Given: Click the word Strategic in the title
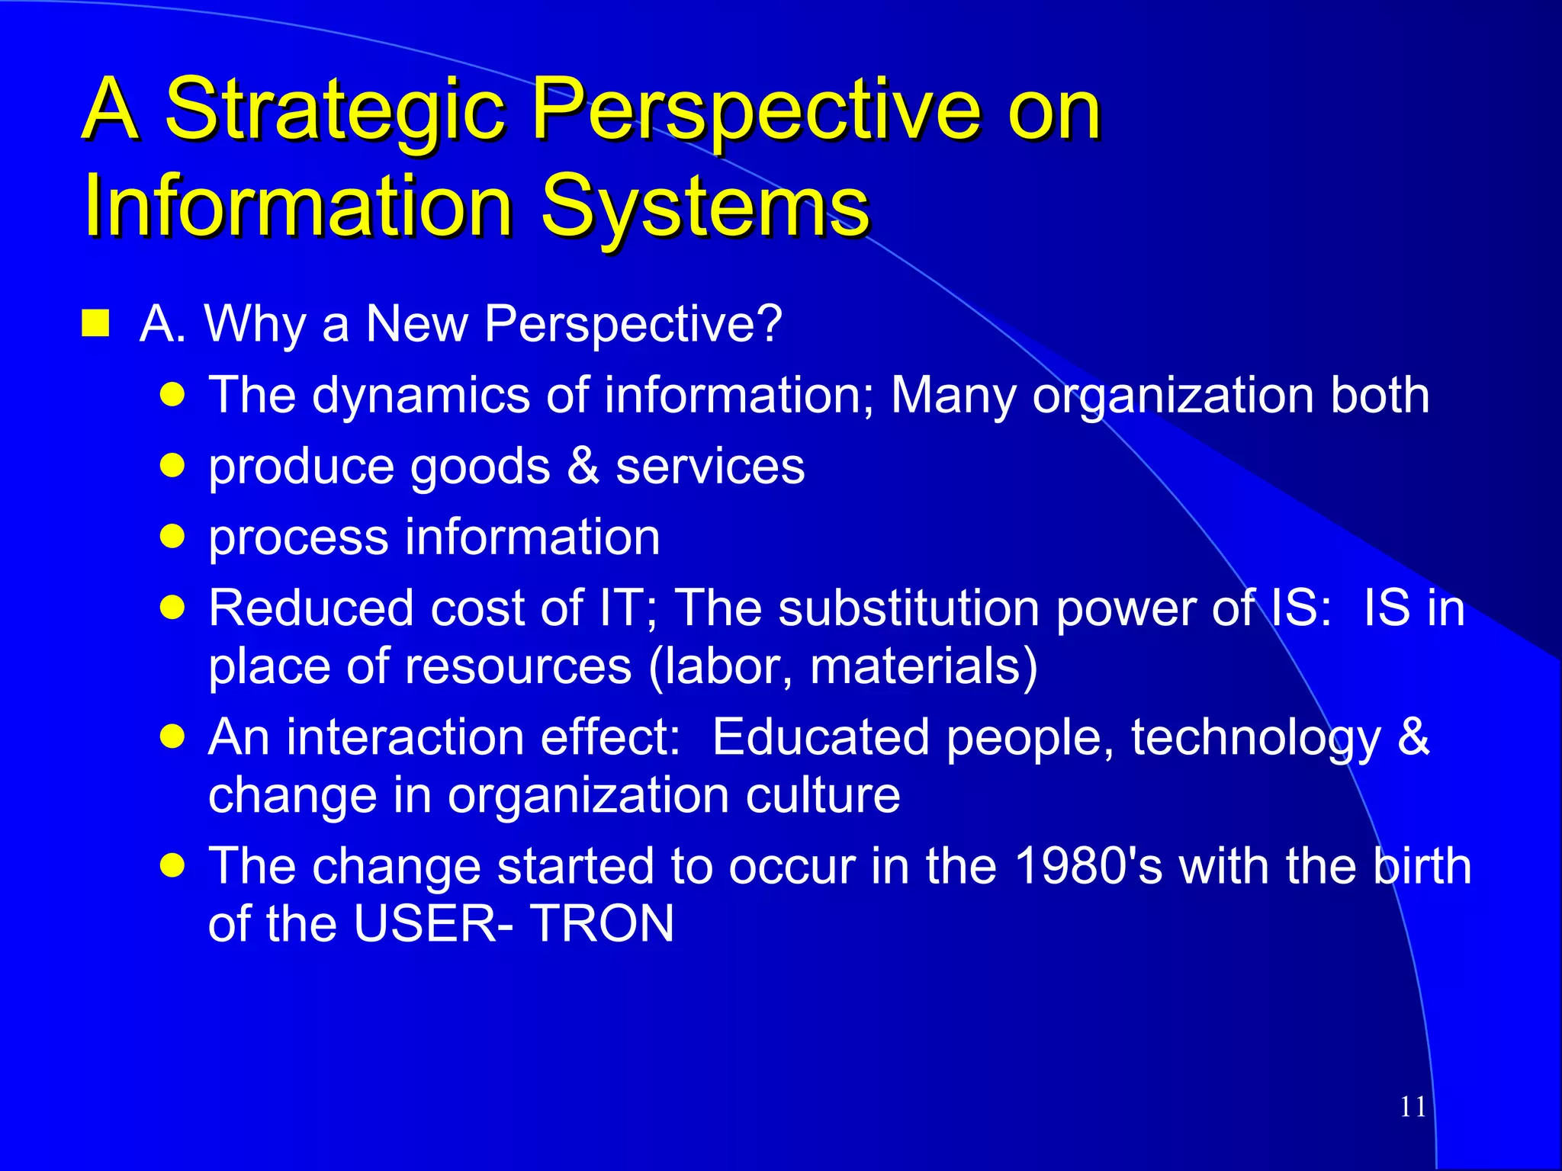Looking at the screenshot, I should (x=336, y=111).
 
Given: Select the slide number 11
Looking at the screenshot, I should (x=1413, y=1106).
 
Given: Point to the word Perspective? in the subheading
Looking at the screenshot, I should (x=633, y=325).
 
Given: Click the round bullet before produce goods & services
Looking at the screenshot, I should (x=173, y=465).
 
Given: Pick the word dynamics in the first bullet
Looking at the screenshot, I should (x=421, y=396).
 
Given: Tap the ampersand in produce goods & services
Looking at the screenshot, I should (x=583, y=466).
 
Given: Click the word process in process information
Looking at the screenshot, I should (x=298, y=538).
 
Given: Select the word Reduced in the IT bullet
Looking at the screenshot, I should (x=311, y=608).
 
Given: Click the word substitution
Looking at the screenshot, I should (x=908, y=608).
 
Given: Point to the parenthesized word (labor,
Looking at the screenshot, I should (x=721, y=666).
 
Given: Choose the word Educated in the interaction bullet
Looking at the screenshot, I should (x=821, y=737).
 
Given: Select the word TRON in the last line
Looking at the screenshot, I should (x=602, y=924).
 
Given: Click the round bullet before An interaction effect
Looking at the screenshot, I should (x=173, y=736).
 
